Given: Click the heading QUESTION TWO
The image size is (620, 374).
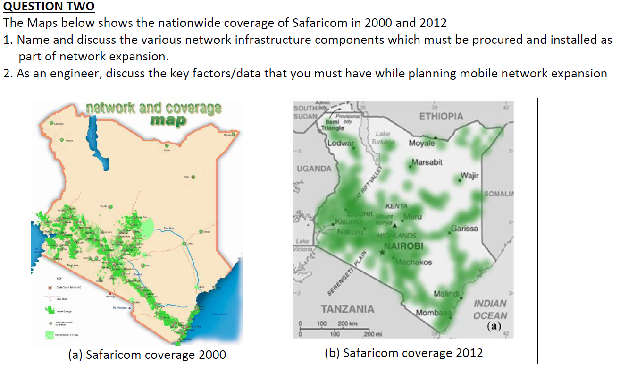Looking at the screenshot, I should tap(49, 7).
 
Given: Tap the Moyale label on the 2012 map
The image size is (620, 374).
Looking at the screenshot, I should tap(422, 143).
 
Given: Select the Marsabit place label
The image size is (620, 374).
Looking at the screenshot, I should tap(427, 162).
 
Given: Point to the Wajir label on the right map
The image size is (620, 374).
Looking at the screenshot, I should tap(469, 176).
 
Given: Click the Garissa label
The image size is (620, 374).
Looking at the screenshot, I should tap(464, 228).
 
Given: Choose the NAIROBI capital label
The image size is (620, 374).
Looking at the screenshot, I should tap(403, 246).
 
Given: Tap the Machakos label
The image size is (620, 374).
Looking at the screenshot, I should tap(413, 262).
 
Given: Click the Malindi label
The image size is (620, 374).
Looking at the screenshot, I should tap(446, 294).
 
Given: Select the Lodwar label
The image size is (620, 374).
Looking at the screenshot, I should tap(340, 143).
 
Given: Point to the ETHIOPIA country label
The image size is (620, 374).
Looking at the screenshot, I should tap(441, 116).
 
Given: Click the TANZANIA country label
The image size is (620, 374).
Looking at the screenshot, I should tap(347, 309).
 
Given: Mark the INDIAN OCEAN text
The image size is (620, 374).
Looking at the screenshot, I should tap(490, 309).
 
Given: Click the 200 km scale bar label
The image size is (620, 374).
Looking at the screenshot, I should tap(348, 323).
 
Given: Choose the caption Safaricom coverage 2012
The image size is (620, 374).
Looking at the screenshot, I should tap(403, 352).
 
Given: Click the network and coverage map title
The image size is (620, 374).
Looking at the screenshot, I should tap(154, 113).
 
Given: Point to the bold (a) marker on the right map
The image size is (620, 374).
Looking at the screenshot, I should tap(494, 325).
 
